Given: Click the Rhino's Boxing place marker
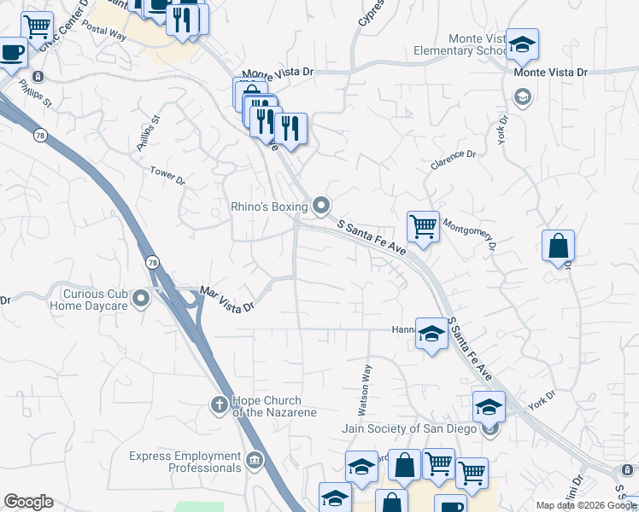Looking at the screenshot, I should click(x=321, y=205).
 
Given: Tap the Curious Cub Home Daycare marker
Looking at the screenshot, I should click(x=142, y=298).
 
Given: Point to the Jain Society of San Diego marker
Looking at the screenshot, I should click(x=490, y=428).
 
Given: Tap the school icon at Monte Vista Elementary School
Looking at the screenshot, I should click(x=521, y=44).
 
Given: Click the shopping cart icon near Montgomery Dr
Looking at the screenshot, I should click(x=423, y=226).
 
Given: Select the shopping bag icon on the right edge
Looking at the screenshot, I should click(x=558, y=246).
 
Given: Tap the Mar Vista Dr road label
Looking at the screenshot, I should click(x=227, y=299).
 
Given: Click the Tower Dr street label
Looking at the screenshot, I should click(x=167, y=176).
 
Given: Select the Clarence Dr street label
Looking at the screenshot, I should click(x=453, y=160).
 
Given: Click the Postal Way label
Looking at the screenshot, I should click(x=105, y=34).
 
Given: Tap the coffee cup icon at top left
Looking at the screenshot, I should click(x=12, y=52).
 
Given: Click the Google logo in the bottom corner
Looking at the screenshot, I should click(x=28, y=502).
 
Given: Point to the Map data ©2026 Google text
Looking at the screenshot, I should click(x=586, y=505).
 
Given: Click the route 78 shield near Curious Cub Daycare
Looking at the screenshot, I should click(x=151, y=261).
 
